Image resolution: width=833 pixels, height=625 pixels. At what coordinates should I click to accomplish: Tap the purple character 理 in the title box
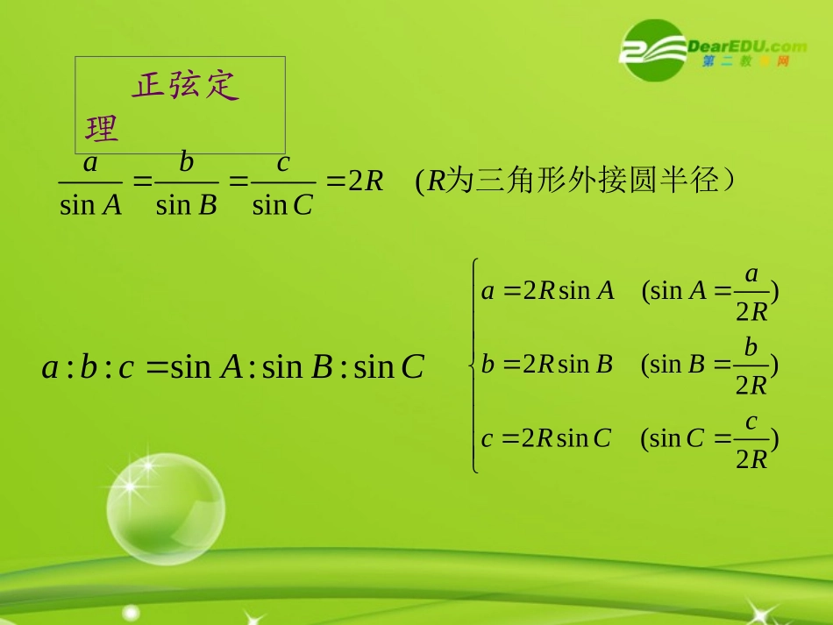(x=102, y=129)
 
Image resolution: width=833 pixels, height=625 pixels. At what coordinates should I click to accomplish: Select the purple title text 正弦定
(x=186, y=86)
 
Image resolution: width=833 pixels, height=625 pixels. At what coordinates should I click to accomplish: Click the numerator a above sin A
(x=90, y=163)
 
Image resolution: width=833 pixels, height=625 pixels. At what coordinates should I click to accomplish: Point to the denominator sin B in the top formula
(x=186, y=204)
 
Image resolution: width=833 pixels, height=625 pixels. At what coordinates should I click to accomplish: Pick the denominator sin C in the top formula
(x=282, y=204)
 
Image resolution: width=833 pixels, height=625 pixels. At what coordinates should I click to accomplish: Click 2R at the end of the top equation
(x=367, y=181)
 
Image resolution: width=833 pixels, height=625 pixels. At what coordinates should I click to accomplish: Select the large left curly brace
(x=473, y=365)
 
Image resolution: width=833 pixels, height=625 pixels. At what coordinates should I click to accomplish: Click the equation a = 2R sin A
(x=548, y=290)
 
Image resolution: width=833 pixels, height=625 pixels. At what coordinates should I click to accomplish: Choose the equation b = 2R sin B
(x=547, y=364)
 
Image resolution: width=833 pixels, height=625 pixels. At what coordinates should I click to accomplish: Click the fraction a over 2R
(x=751, y=291)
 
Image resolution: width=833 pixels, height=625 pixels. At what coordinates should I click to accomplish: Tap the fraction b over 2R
(x=751, y=365)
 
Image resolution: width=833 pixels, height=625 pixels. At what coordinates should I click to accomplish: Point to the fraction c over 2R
(x=751, y=438)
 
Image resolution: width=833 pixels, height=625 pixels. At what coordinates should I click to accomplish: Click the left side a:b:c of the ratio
(x=88, y=366)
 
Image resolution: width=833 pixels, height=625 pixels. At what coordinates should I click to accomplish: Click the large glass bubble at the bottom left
(x=165, y=509)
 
